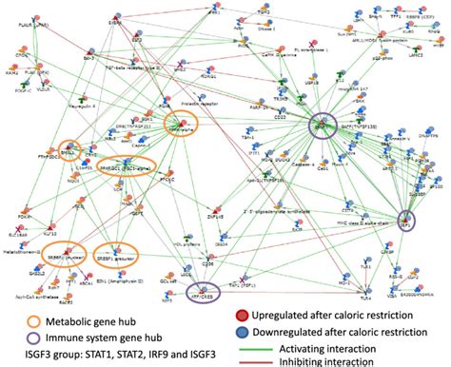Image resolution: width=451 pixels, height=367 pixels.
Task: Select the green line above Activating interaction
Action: point(276,340)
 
